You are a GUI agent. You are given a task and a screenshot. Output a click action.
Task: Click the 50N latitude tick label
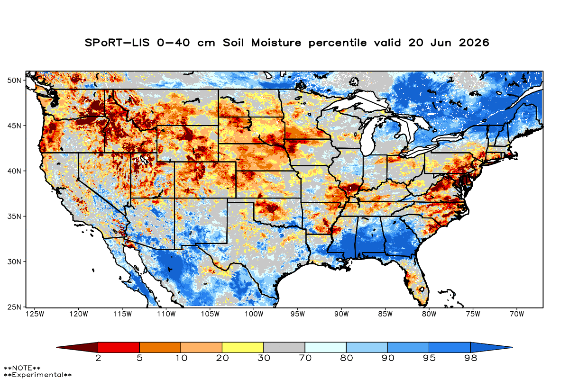(x=14, y=81)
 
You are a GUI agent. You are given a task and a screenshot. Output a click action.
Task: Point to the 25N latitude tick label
(x=14, y=307)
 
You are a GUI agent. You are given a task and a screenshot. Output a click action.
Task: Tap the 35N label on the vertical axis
(x=14, y=217)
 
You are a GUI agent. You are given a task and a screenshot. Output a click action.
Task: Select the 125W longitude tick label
(x=35, y=314)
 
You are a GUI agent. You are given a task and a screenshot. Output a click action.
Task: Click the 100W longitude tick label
(x=254, y=314)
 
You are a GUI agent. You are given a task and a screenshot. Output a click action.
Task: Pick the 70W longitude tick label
(x=517, y=314)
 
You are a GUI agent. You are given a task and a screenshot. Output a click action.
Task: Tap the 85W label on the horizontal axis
(x=385, y=314)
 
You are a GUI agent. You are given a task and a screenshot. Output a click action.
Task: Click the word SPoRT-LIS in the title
(x=117, y=43)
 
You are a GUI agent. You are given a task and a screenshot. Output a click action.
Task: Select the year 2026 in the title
(x=474, y=43)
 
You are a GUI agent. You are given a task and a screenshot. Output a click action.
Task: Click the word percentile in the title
(x=338, y=43)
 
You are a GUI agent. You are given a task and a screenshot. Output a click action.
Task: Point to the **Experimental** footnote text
(x=37, y=375)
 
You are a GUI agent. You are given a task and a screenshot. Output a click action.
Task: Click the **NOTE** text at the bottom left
(x=22, y=368)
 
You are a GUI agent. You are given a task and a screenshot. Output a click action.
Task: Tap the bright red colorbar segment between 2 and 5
(x=119, y=347)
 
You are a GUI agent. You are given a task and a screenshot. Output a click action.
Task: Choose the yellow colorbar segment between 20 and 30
(x=243, y=347)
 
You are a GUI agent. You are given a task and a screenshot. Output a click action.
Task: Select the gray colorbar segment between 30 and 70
(x=284, y=347)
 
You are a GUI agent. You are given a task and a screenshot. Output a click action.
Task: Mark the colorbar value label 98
(x=470, y=358)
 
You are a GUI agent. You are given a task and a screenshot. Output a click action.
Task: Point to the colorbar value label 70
(x=305, y=358)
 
